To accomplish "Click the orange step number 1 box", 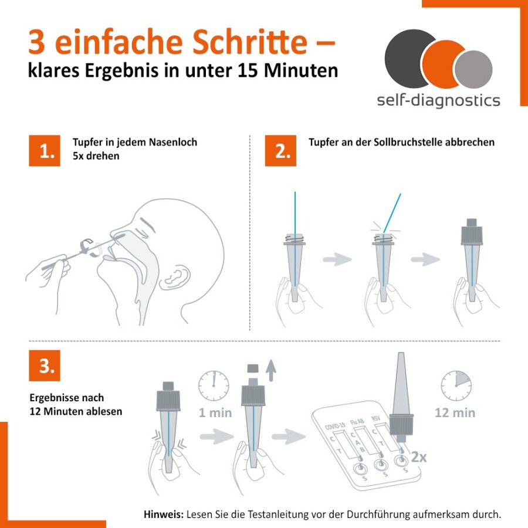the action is pyautogui.click(x=45, y=151).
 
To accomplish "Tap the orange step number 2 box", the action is pyautogui.click(x=280, y=151).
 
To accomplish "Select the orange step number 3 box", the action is pyautogui.click(x=45, y=365).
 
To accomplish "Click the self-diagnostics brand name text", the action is pyautogui.click(x=438, y=100).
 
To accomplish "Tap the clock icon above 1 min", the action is pyautogui.click(x=214, y=386).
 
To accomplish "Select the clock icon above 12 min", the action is pyautogui.click(x=456, y=386).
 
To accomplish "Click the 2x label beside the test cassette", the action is pyautogui.click(x=418, y=457).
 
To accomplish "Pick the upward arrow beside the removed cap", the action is pyautogui.click(x=270, y=370).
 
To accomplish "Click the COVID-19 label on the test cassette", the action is pyautogui.click(x=335, y=427).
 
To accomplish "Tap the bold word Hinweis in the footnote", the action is pyautogui.click(x=164, y=514).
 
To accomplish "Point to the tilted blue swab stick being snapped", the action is pyautogui.click(x=392, y=213).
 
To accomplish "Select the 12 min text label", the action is pyautogui.click(x=455, y=413).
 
